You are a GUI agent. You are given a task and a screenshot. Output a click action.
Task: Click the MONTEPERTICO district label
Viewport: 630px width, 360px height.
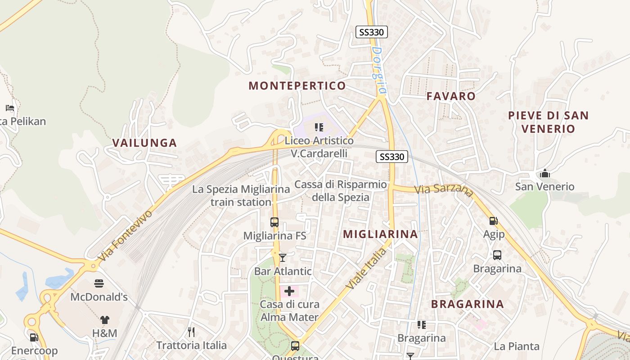(x=297, y=85)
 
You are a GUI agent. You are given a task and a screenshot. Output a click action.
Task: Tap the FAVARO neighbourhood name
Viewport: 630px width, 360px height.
(x=451, y=96)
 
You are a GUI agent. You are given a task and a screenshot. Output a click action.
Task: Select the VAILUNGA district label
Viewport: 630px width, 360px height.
(x=144, y=143)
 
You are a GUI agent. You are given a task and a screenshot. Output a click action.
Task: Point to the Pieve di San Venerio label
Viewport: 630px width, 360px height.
(x=548, y=122)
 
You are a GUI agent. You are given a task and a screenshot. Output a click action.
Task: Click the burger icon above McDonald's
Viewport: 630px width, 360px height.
(x=99, y=283)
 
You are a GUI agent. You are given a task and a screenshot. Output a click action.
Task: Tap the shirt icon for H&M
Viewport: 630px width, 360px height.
(x=105, y=320)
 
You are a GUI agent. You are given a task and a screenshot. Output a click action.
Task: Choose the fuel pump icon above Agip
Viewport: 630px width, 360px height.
(x=494, y=220)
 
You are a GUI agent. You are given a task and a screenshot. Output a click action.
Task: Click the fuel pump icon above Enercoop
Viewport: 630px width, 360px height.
(x=34, y=337)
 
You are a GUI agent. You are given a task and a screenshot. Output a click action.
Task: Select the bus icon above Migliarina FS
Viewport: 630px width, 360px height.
(x=274, y=222)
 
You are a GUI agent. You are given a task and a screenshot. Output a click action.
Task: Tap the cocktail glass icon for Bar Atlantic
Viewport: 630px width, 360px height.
(x=283, y=257)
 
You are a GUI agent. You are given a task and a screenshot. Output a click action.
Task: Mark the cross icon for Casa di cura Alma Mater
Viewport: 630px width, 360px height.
(x=289, y=291)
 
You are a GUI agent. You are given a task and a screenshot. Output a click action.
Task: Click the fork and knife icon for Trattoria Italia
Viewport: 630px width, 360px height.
(x=191, y=332)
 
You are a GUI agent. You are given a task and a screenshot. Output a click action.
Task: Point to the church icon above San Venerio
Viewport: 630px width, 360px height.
(x=545, y=173)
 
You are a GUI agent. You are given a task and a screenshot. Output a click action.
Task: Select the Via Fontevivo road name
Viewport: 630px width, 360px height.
(x=125, y=236)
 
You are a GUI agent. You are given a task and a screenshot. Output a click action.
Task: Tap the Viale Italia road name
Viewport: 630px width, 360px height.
(x=366, y=269)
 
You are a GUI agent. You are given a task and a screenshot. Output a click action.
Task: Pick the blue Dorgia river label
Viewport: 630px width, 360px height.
(x=378, y=71)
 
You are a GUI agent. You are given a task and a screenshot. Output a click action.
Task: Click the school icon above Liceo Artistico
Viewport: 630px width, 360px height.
(x=319, y=127)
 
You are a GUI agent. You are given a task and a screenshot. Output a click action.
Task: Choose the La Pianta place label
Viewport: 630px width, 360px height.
(x=517, y=346)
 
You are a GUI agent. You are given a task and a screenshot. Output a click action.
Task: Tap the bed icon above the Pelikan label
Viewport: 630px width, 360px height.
(x=10, y=108)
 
